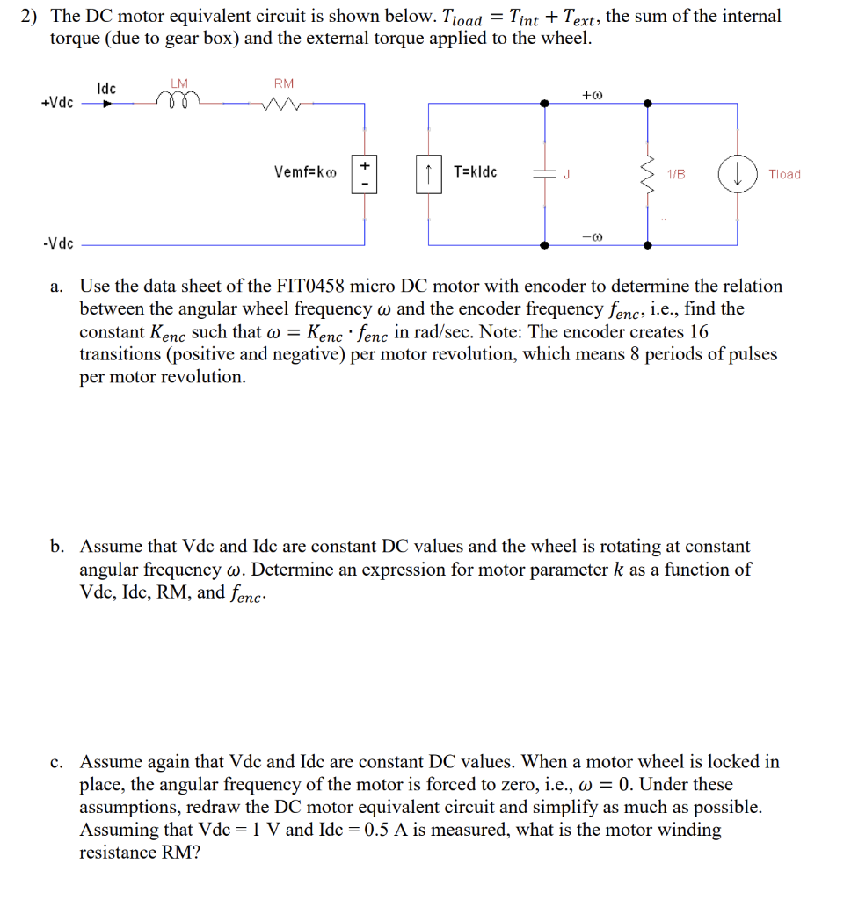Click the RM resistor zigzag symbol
283,105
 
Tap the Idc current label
106,89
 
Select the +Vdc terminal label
57,103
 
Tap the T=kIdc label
476,172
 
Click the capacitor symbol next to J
546,173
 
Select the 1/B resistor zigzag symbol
649,173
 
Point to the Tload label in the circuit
784,174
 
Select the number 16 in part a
698,332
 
